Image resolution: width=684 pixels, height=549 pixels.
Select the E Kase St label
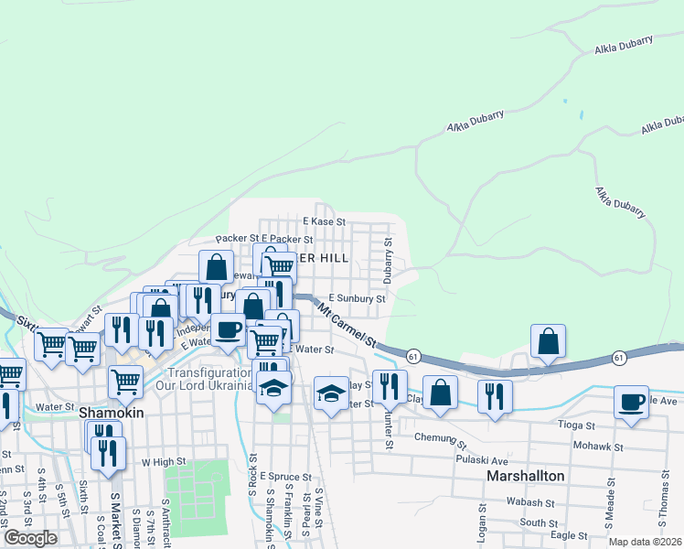click(324, 221)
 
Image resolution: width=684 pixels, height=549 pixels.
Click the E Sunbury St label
click(358, 298)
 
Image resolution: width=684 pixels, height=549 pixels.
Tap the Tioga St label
click(577, 425)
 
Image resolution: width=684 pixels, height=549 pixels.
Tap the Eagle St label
click(568, 535)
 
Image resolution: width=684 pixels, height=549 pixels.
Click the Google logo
click(30, 538)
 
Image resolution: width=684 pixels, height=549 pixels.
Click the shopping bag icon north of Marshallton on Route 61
click(547, 342)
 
